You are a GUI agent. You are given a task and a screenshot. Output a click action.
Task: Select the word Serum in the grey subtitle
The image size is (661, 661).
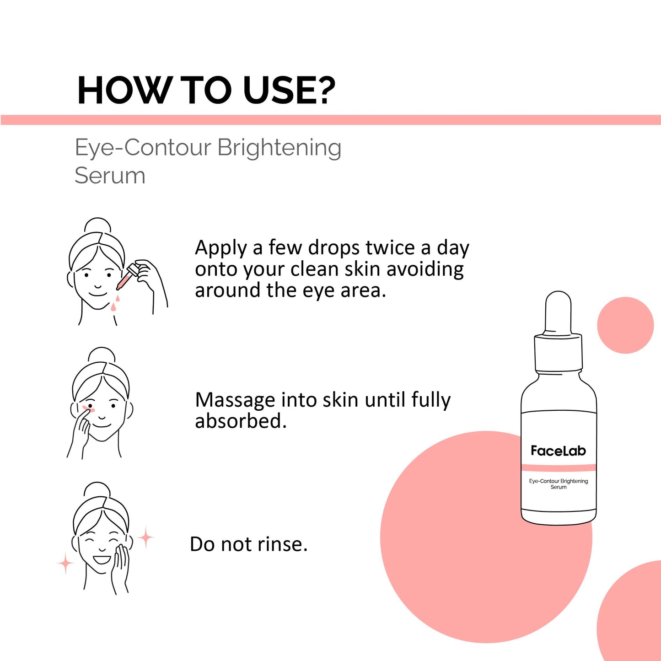[110, 176]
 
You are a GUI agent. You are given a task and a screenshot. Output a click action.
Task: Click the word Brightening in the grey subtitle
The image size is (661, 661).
[279, 149]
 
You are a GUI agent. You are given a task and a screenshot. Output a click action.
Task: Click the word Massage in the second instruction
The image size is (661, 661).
[235, 401]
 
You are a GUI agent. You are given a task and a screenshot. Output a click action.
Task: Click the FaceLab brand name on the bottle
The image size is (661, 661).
[559, 451]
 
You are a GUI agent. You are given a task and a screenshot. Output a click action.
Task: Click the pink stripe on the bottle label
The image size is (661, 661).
[559, 468]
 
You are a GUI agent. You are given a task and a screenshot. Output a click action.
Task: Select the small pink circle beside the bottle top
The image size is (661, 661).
[625, 325]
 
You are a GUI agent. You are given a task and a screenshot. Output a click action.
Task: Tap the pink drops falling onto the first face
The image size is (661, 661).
[115, 303]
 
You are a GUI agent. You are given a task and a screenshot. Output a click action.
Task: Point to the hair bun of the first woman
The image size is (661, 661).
[98, 226]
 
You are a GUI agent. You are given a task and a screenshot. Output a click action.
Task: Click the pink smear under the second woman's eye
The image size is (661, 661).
[88, 408]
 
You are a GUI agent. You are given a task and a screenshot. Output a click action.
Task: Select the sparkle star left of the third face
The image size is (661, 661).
[65, 563]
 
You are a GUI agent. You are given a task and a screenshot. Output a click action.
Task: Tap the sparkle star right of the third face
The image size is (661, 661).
[145, 537]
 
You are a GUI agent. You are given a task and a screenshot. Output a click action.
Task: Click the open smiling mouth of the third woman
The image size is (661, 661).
[102, 560]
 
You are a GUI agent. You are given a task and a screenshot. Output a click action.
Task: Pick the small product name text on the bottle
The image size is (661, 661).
[559, 484]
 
